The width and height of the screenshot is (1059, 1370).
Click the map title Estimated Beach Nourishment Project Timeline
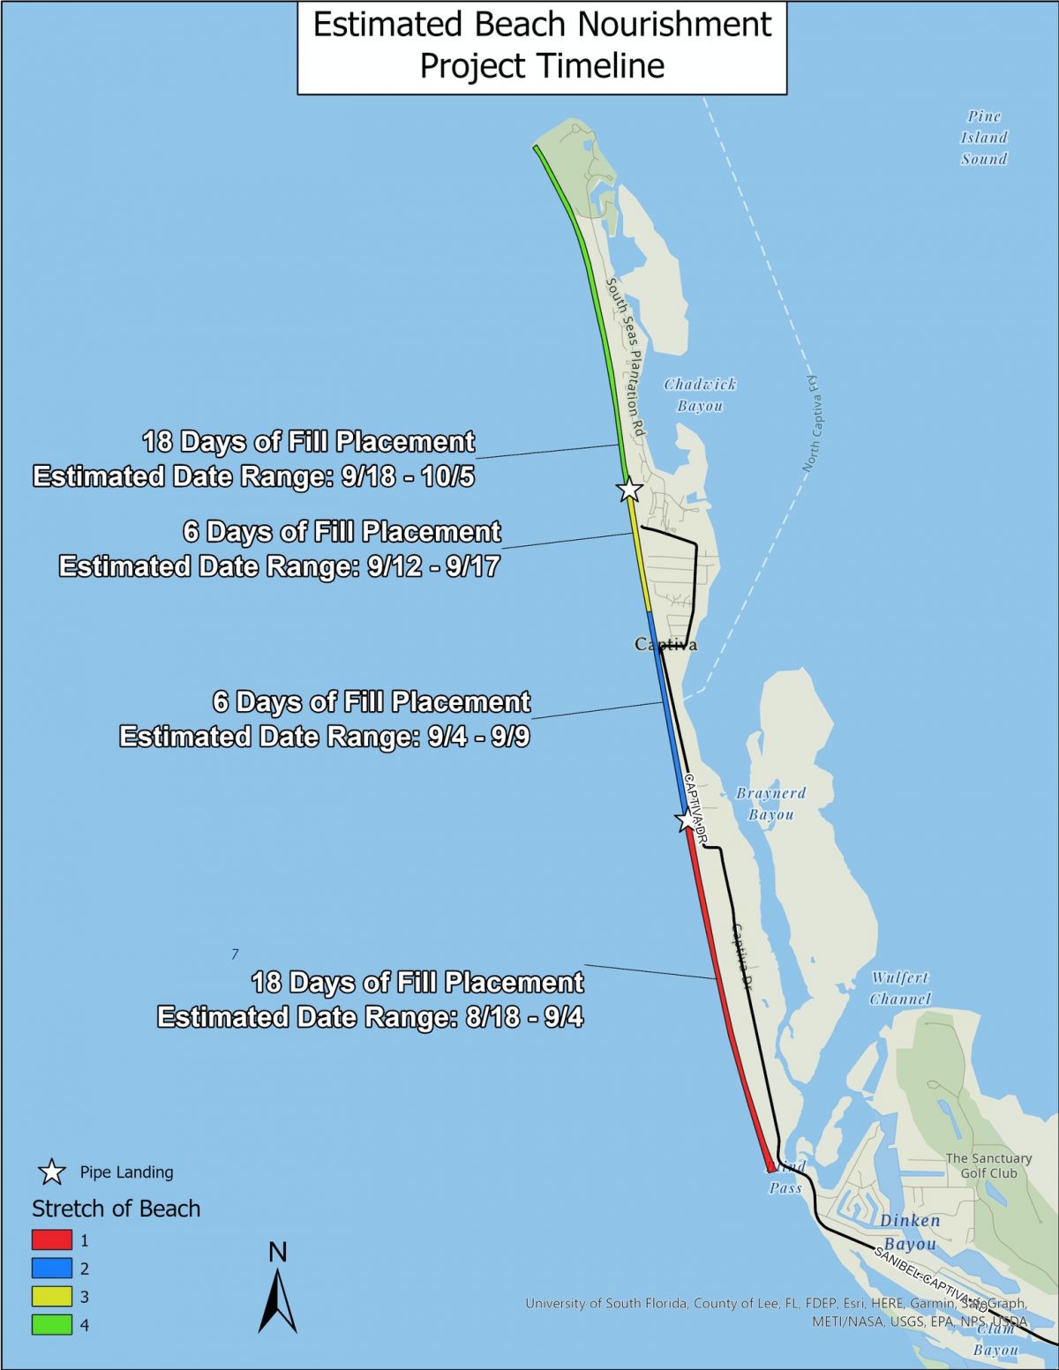pos(542,46)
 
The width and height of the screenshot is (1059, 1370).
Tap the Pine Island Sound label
pos(984,138)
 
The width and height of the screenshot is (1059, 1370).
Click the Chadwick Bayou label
pos(700,395)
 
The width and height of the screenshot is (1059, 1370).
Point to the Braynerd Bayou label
pos(770,804)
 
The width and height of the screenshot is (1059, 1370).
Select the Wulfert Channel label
pos(900,988)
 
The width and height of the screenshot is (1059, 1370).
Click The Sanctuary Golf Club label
pos(988,1165)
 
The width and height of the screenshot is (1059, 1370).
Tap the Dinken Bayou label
pos(910,1232)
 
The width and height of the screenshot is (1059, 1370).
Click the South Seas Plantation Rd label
pos(626,356)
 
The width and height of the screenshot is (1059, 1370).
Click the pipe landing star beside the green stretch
pos(629,489)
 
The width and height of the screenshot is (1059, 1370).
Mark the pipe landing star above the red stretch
pos(687,820)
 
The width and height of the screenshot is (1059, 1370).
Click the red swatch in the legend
pos(52,1239)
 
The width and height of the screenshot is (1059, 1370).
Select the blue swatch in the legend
pos(52,1268)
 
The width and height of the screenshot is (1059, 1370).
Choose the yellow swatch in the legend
pos(52,1296)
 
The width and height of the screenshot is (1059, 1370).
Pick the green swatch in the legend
pos(52,1324)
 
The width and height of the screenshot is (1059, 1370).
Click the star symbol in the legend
pos(52,1172)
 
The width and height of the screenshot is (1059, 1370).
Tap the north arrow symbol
pos(277,1297)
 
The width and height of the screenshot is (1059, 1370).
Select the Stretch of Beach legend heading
pos(116,1209)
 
